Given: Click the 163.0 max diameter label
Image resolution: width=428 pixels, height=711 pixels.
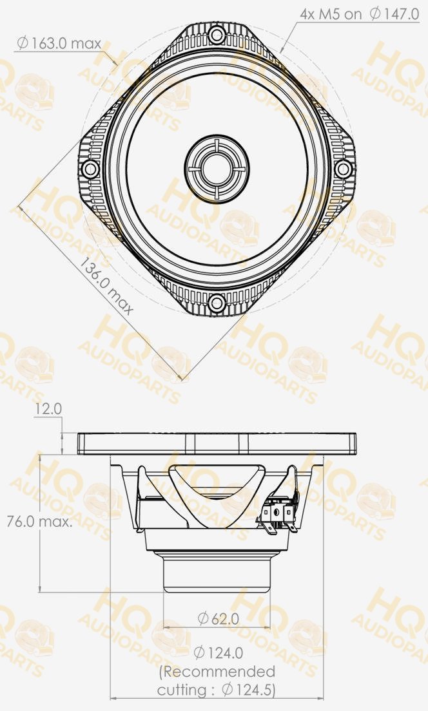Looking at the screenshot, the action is [x=59, y=44].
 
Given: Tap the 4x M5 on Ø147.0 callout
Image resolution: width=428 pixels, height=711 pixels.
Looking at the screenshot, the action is [x=360, y=14].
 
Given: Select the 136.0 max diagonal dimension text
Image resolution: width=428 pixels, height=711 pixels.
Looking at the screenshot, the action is [x=106, y=286].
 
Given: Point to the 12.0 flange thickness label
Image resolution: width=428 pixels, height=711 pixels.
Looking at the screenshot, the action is [x=48, y=409].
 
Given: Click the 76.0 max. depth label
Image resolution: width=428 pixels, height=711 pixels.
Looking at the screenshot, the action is [x=39, y=522].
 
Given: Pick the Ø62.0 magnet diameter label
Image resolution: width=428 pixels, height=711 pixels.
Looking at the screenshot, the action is [x=218, y=618].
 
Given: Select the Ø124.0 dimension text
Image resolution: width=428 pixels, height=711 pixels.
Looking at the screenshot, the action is [x=219, y=653].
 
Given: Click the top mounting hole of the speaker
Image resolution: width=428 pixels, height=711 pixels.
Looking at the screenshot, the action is [x=217, y=35].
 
